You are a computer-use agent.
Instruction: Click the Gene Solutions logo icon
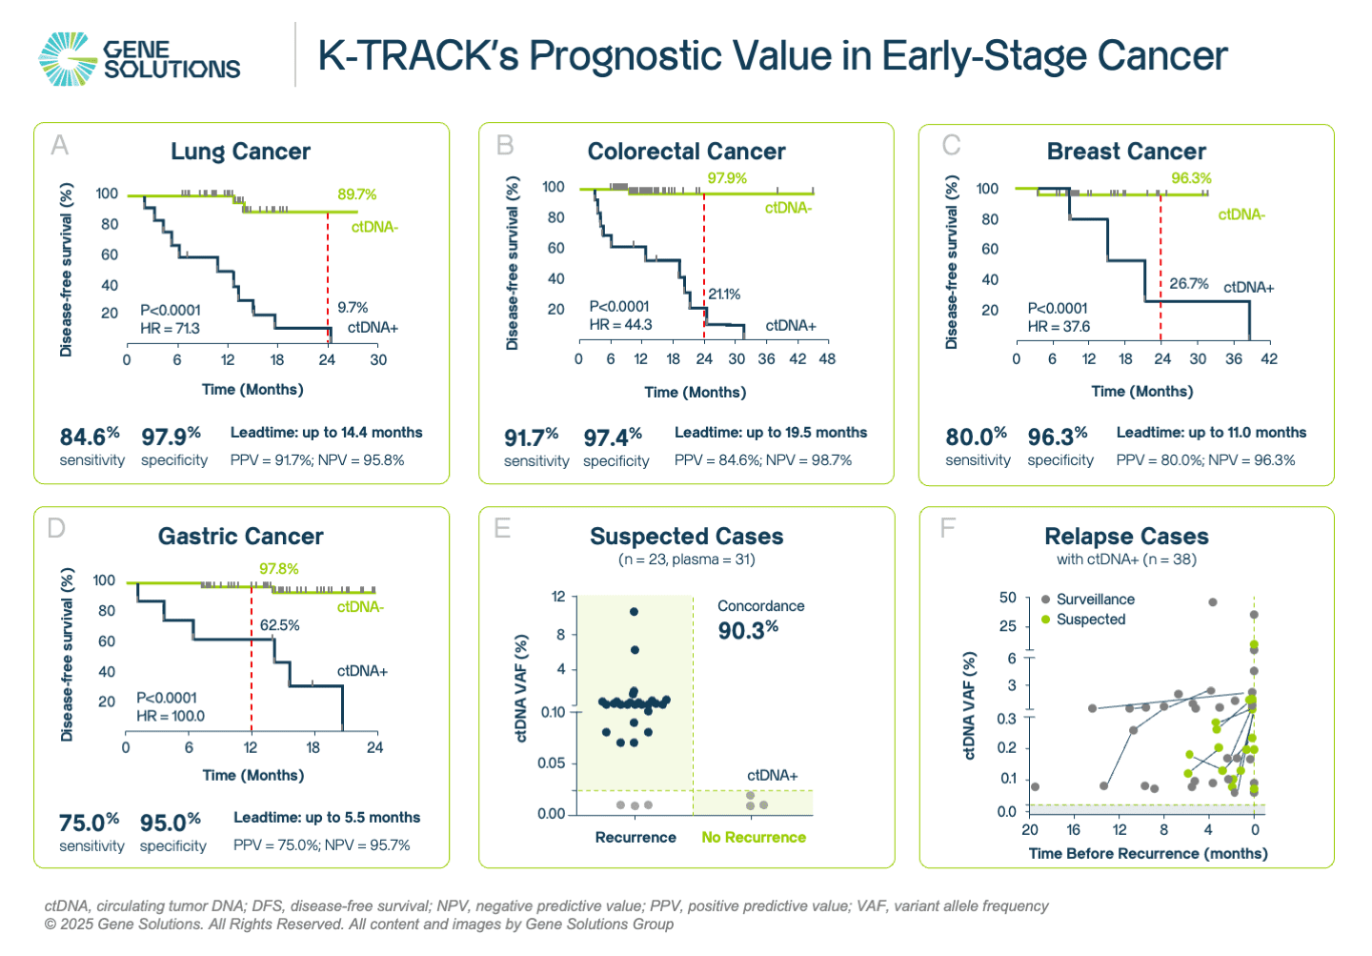pos(68,59)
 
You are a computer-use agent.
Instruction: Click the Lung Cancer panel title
pos(240,152)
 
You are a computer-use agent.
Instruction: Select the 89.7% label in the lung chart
pos(356,194)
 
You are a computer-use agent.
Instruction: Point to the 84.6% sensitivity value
pos(90,437)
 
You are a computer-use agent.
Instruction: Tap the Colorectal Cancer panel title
pos(686,152)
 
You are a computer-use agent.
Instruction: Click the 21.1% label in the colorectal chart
pos(724,295)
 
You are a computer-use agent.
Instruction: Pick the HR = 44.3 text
pos(620,325)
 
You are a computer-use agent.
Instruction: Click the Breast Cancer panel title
pos(1126,152)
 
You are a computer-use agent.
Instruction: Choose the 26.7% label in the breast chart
pos(1189,284)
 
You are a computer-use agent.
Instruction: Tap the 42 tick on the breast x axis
pos(1269,359)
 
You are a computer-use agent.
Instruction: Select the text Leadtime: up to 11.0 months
pos(1211,433)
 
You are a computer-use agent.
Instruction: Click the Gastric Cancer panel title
pos(240,537)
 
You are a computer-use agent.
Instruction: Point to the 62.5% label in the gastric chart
pos(280,625)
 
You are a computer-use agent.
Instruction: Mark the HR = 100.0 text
pos(170,716)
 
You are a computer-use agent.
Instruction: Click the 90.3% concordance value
pos(748,630)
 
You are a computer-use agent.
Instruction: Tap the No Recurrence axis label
pos(754,838)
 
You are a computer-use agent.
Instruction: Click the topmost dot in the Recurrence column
pos(635,612)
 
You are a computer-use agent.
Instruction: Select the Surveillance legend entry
pos(1095,600)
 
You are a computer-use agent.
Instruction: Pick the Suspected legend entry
pos(1090,620)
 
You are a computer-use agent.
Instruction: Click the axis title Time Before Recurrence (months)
pos(1147,854)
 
